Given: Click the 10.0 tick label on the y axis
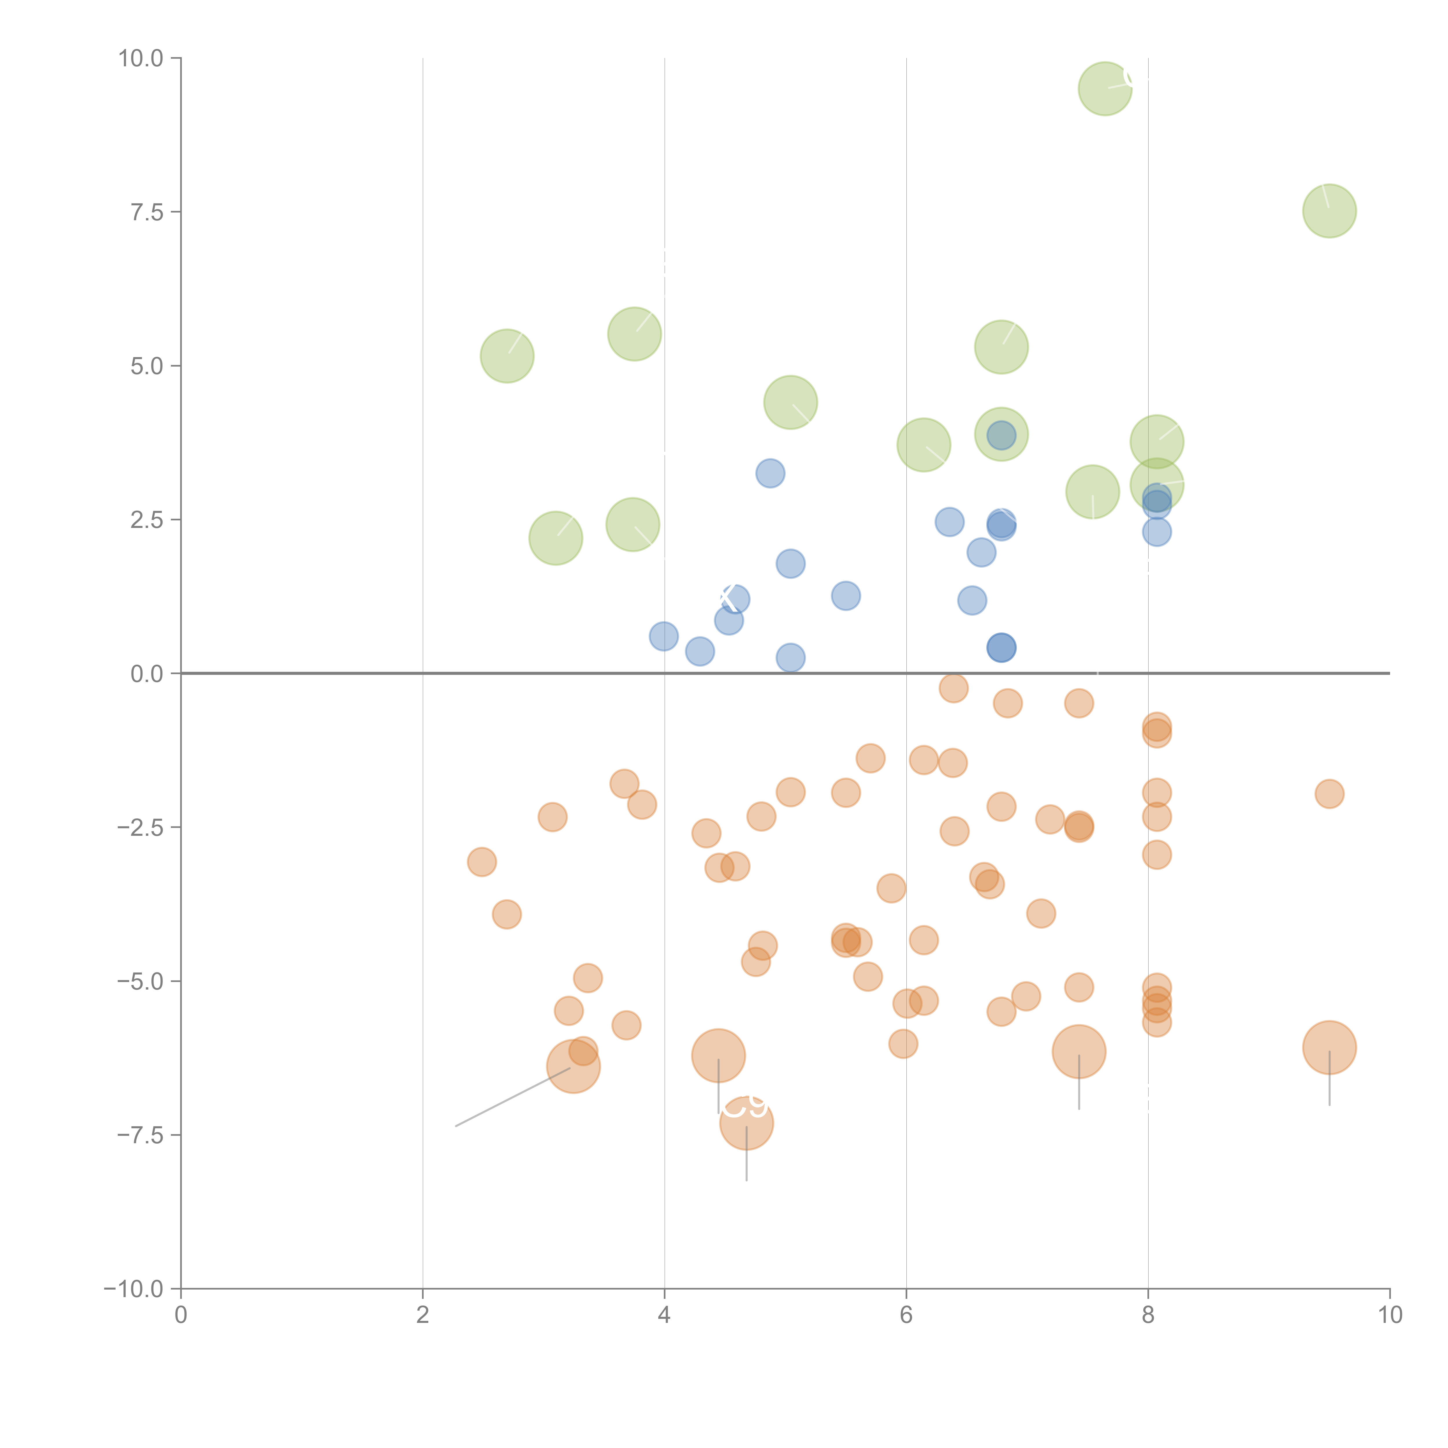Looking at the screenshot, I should click(141, 58).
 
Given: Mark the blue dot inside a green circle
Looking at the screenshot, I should click(1001, 435).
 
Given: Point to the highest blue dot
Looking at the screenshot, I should click(770, 473).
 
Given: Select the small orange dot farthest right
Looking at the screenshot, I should click(1329, 794).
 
